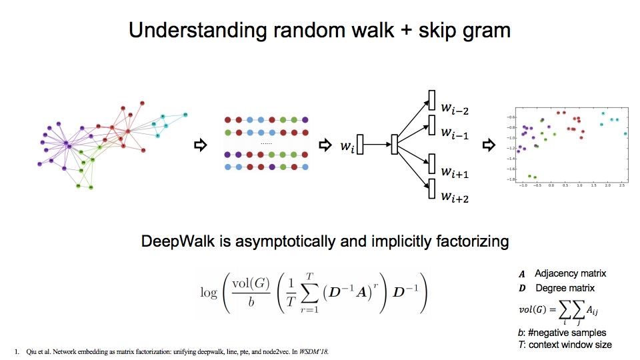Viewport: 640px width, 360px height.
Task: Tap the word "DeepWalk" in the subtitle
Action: pyautogui.click(x=173, y=241)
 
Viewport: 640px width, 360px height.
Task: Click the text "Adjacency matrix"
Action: pyautogui.click(x=571, y=274)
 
